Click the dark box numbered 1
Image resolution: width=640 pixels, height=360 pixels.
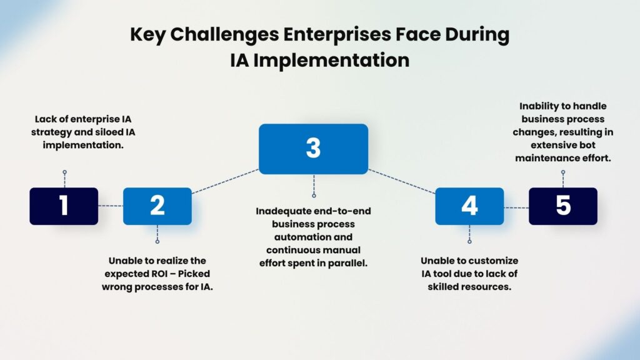coord(64,206)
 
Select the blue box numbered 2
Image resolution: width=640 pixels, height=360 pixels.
coord(157,206)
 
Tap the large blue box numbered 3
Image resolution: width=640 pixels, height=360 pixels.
coord(314,149)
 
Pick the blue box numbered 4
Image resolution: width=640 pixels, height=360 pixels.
coord(469,206)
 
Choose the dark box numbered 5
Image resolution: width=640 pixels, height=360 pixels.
coord(563,206)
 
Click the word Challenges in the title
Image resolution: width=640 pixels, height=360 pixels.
coord(224,35)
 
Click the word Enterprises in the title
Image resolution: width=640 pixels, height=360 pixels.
coord(337,35)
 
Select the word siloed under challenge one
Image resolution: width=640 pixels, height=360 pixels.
coord(107,132)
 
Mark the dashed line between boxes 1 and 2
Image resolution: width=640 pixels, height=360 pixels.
coord(111,206)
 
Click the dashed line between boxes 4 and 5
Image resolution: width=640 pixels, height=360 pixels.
coord(516,207)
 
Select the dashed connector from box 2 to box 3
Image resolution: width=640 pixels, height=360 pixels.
coord(225,181)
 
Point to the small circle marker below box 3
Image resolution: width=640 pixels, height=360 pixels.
coord(314,196)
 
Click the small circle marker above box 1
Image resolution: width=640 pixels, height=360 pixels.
coord(64,172)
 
